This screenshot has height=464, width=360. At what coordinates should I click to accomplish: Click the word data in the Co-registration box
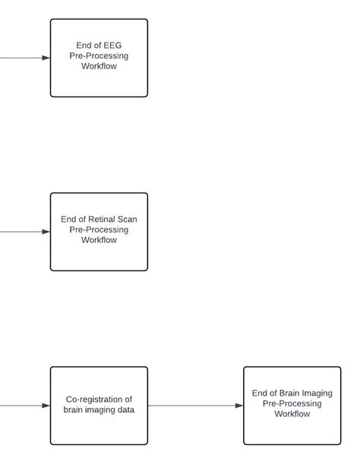(x=125, y=410)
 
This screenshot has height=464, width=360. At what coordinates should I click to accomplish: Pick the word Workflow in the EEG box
(x=99, y=66)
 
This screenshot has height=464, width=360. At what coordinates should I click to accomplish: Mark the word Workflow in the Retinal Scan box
(x=99, y=240)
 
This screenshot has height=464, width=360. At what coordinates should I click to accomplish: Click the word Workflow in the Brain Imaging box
(x=292, y=414)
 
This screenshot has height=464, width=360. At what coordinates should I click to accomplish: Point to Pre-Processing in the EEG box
(x=99, y=55)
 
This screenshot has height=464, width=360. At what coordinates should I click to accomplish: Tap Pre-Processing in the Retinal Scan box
(x=99, y=229)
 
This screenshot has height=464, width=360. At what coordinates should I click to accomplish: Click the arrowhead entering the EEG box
(x=46, y=58)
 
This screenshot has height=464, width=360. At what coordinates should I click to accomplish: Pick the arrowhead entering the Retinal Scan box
(x=46, y=232)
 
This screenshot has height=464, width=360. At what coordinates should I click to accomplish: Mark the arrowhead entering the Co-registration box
(x=46, y=406)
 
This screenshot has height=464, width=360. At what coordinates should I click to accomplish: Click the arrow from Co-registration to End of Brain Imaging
(x=194, y=406)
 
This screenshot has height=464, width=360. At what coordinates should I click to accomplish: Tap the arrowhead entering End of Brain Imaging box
(x=238, y=406)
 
